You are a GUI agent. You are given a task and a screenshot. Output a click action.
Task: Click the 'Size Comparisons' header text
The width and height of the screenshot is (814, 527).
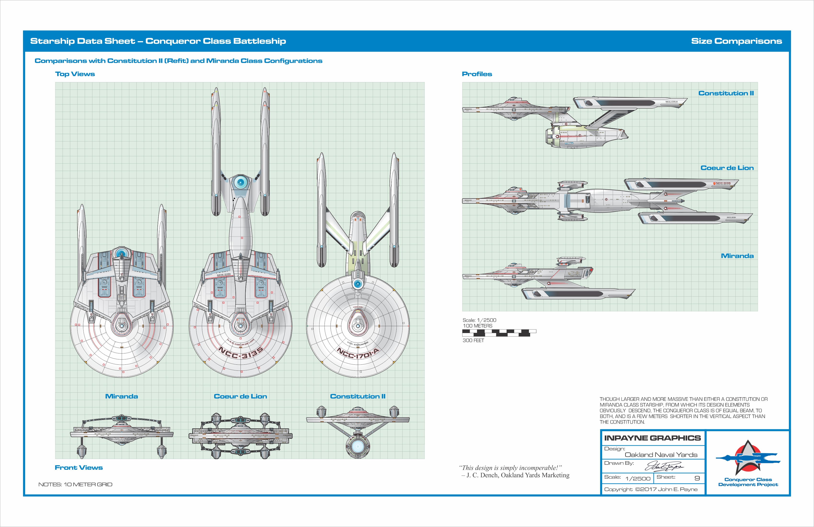coord(736,41)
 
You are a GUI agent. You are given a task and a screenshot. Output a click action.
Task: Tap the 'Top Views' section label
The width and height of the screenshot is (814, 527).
coord(75,74)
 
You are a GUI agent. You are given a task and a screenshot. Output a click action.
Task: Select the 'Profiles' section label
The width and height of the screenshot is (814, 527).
coord(477,74)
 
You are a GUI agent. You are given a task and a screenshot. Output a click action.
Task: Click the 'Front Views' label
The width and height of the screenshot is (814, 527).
coord(79,467)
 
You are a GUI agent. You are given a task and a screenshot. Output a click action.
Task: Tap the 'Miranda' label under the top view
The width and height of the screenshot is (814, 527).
coord(121,396)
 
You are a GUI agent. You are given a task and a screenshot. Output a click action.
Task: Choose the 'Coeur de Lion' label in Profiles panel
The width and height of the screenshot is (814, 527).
coord(727,168)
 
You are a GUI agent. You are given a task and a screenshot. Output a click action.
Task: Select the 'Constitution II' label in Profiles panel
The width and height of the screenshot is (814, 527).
coord(726,93)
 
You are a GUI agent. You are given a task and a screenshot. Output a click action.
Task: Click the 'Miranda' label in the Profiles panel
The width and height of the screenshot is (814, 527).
coord(737,256)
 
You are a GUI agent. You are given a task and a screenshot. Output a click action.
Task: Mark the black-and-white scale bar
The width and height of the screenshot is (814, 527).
coord(499,333)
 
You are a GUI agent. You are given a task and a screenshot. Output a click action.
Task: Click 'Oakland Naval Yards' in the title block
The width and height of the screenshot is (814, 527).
coord(661,455)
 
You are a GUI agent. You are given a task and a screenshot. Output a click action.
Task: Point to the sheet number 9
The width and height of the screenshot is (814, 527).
coord(697,478)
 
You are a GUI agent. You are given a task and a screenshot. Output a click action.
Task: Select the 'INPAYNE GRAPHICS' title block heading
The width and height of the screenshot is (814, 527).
coord(652,438)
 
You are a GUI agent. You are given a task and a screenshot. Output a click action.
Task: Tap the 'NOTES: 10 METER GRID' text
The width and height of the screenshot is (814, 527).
coord(75,484)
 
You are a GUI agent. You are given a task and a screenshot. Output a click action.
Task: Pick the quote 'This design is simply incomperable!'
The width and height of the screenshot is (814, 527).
coord(510,468)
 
